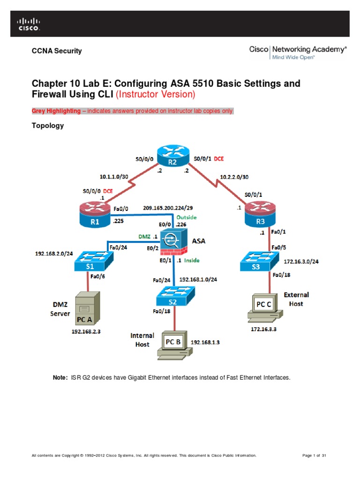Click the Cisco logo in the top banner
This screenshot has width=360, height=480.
pos(29,24)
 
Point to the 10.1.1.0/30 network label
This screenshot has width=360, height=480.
pos(115,178)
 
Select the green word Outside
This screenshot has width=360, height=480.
pos(187,217)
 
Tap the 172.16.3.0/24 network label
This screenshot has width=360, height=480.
pos(301,262)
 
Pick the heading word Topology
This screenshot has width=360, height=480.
pos(47,126)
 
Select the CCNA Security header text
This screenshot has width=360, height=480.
pos(56,51)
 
